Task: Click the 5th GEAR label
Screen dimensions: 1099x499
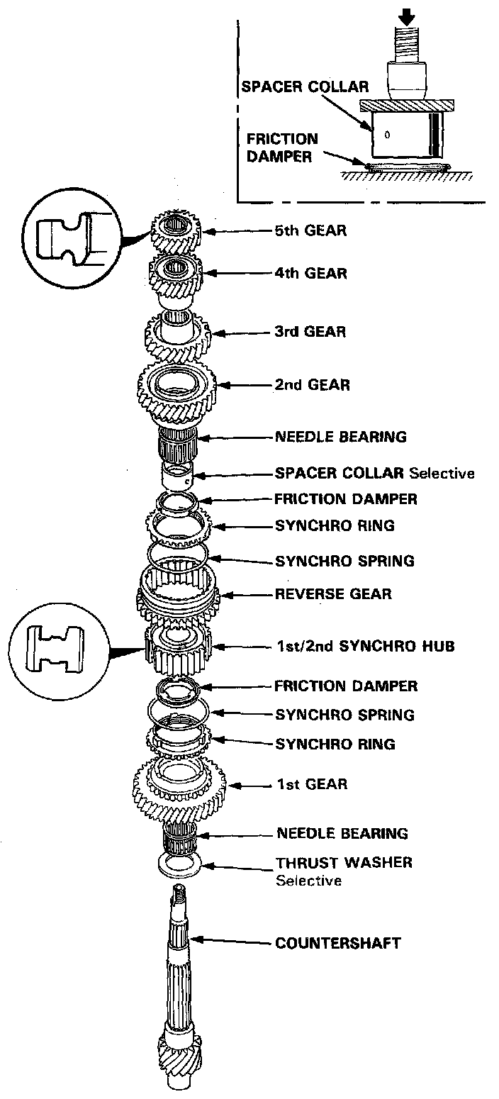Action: [310, 230]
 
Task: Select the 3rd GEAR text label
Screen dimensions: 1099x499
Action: [310, 332]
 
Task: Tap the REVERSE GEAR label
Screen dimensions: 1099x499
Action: [332, 593]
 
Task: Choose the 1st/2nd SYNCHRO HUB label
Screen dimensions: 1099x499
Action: [365, 646]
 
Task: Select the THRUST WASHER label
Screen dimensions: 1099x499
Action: [344, 863]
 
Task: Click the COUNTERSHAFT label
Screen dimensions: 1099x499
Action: [338, 943]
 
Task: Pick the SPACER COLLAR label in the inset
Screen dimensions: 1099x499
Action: [305, 87]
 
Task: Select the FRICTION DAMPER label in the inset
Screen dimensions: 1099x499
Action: [282, 147]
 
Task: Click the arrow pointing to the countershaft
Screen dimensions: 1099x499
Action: [230, 942]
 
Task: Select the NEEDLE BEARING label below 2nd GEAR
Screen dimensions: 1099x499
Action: [341, 437]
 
